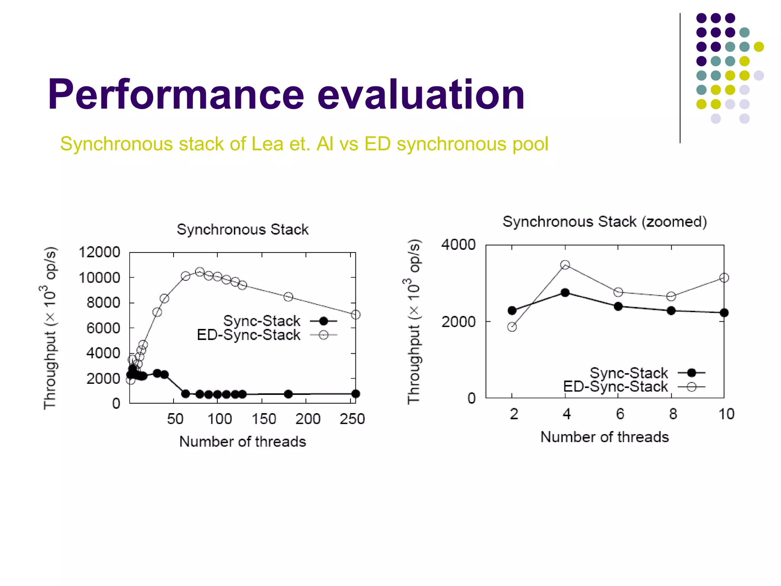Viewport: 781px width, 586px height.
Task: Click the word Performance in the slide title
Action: [x=175, y=94]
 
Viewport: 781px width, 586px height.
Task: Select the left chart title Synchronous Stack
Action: [x=243, y=230]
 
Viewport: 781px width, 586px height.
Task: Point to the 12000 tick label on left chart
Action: [x=99, y=252]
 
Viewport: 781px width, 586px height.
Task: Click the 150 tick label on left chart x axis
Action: [x=264, y=419]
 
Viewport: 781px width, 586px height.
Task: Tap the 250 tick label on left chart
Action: [x=352, y=419]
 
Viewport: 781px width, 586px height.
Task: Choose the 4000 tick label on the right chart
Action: [x=458, y=245]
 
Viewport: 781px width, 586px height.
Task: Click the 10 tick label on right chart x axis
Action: [x=726, y=414]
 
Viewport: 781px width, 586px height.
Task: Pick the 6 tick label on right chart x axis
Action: [x=620, y=414]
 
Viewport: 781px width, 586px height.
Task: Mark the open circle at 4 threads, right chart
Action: [x=565, y=265]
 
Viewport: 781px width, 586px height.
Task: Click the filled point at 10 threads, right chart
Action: [x=724, y=313]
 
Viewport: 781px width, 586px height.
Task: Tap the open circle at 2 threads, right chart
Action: [x=512, y=327]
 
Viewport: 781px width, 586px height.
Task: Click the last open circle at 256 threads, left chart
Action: [x=355, y=315]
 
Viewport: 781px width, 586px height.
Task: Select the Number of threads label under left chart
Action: [x=243, y=442]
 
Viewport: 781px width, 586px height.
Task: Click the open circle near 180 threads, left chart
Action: [x=288, y=297]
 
